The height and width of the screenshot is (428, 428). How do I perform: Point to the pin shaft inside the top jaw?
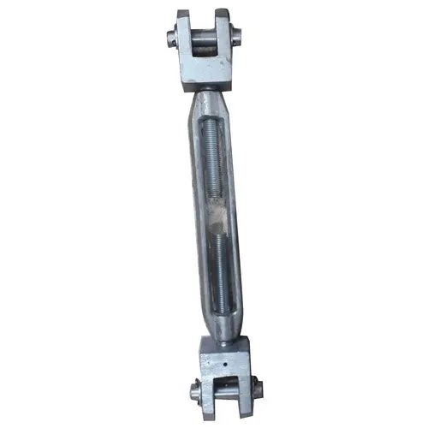tap(205, 38)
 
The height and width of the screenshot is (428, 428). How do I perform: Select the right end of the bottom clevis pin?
tap(259, 393)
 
